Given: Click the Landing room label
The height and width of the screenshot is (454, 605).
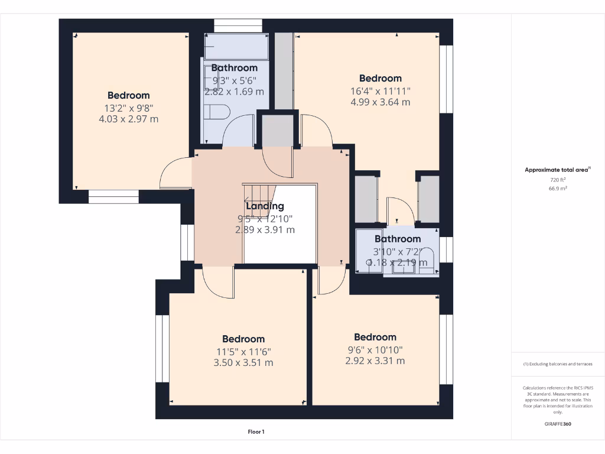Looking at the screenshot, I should click(x=265, y=206).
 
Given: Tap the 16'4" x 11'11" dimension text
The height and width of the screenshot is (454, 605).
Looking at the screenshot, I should click(x=380, y=90).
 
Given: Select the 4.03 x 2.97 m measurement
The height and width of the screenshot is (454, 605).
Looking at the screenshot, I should click(x=128, y=119).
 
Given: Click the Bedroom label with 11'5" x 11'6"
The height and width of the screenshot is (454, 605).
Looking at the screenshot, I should click(x=243, y=339).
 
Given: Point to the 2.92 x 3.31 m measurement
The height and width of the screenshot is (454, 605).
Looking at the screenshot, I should click(x=375, y=361).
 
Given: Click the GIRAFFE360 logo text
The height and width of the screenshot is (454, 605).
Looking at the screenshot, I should click(x=558, y=424).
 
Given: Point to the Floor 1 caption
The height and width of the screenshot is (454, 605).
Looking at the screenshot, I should click(x=255, y=432).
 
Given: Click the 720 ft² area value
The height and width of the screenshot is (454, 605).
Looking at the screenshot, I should click(x=558, y=179).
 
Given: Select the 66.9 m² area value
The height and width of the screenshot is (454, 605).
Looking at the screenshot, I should click(x=558, y=188).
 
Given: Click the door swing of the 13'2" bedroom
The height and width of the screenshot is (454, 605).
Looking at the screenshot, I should click(x=175, y=174).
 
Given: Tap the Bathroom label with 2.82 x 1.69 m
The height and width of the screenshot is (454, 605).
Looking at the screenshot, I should click(x=234, y=68).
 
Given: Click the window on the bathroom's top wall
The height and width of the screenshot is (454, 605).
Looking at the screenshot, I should click(x=238, y=25).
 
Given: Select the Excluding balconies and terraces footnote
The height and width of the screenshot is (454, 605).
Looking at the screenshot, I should click(x=558, y=364).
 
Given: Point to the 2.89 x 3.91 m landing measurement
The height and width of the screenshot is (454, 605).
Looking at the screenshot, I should click(x=265, y=229).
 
